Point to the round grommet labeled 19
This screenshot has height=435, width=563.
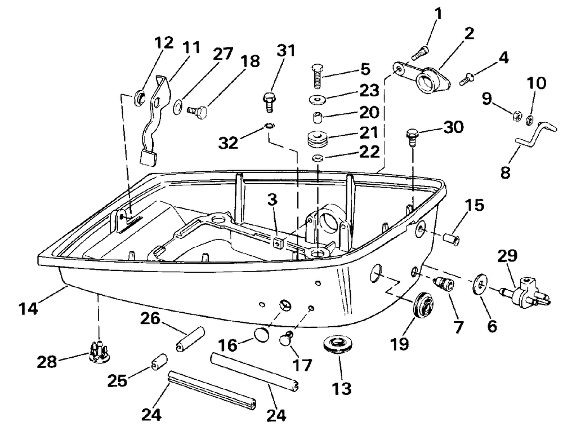tap(423, 306)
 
